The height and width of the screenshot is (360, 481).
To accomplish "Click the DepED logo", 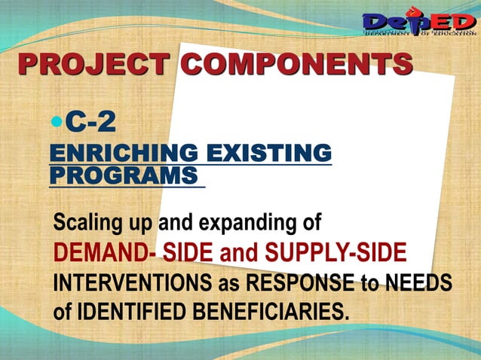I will pos(418,23).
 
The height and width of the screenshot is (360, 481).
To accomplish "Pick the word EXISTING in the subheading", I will pos(269,154).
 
